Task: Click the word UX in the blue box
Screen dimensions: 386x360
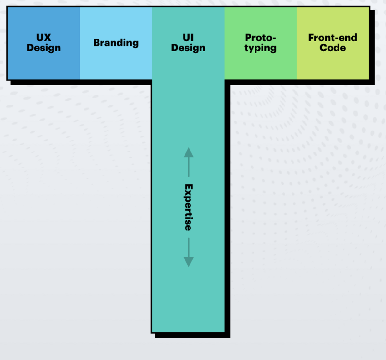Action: pos(43,38)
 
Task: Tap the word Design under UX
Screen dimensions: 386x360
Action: pos(43,48)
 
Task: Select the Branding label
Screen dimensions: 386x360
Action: pos(116,43)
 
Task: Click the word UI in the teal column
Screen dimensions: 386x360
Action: pos(188,38)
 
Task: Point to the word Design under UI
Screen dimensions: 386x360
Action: pos(188,48)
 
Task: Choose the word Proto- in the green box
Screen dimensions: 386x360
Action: pos(260,38)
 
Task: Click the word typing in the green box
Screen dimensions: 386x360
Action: pos(260,48)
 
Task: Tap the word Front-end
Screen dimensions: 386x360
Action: pos(333,38)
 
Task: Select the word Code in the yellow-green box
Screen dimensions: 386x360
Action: pos(333,48)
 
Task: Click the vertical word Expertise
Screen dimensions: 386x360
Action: pos(188,207)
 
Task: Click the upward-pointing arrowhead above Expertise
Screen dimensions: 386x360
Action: pos(188,153)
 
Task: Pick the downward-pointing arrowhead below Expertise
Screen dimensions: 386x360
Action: pos(188,262)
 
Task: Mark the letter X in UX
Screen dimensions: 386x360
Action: pos(47,38)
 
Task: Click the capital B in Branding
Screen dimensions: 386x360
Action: pos(97,43)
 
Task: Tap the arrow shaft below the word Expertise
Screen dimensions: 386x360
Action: pos(188,247)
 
